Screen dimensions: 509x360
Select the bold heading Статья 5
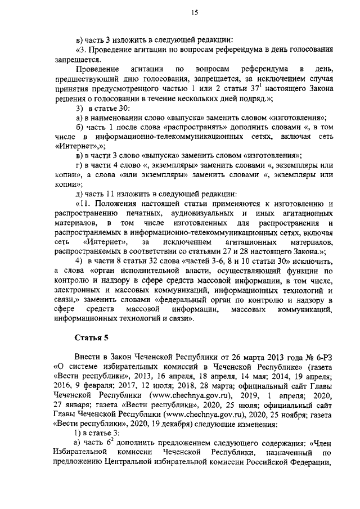(91, 337)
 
